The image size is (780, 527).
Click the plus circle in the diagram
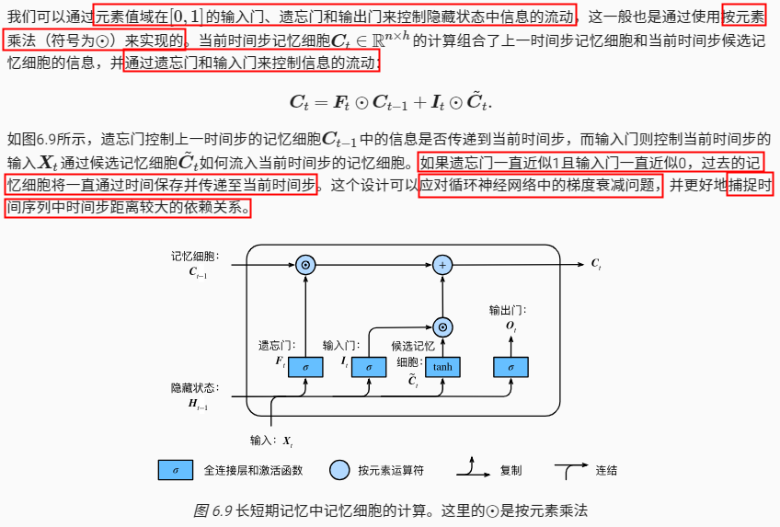[442, 265]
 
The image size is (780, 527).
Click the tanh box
[442, 366]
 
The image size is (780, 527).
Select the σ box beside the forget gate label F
[306, 366]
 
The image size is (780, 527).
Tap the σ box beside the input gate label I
[369, 366]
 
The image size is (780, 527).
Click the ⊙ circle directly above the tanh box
[442, 327]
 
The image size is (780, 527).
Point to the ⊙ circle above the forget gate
[306, 265]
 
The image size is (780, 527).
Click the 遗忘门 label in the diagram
[275, 346]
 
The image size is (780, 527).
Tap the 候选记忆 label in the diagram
[413, 346]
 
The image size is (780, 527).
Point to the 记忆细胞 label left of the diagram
[194, 256]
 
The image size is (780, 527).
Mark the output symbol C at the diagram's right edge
[596, 265]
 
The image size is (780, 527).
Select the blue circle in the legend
[340, 470]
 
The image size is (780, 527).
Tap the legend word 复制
[510, 470]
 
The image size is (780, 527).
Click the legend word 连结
[606, 470]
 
